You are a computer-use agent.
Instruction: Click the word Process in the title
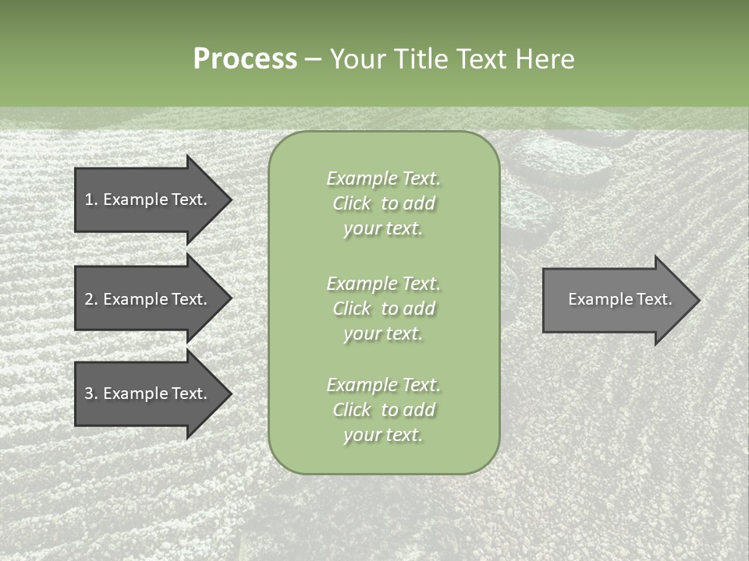pos(245,59)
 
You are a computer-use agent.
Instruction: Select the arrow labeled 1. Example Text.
pos(148,199)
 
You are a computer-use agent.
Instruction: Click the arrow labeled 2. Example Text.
pos(148,299)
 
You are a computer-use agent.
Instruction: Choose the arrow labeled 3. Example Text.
pos(148,393)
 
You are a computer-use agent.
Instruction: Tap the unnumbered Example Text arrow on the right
pos(616,299)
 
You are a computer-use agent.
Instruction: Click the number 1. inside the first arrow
pos(91,199)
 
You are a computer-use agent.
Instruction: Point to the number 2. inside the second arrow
pos(91,299)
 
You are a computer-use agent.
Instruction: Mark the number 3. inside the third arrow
pos(91,393)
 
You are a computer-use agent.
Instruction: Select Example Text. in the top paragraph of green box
pos(383,178)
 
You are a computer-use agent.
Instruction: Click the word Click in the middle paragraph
pos(351,309)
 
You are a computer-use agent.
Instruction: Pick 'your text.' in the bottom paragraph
pos(383,435)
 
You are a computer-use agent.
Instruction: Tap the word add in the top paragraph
pos(418,203)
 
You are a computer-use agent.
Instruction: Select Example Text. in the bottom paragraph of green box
pos(383,385)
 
